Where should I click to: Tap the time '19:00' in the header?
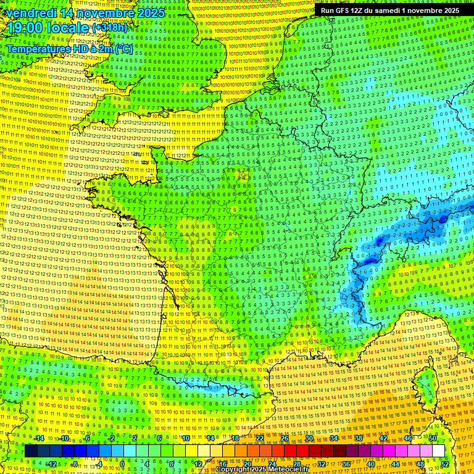pos(25,28)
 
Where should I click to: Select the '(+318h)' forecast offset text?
pos(111,28)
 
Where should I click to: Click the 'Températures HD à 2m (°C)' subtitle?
pos(69,48)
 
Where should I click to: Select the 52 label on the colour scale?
pos(444,464)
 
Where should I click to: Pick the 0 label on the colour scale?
pos(122,464)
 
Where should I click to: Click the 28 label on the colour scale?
pos(296,464)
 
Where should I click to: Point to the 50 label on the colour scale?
pos(432,438)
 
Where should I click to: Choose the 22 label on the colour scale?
pos(259,438)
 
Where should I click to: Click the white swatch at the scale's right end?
pos(438,451)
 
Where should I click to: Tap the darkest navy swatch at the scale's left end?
pos(31,451)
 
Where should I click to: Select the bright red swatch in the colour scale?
pos(290,451)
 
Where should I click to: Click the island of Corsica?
pos(426,383)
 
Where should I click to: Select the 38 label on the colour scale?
pos(358,438)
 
